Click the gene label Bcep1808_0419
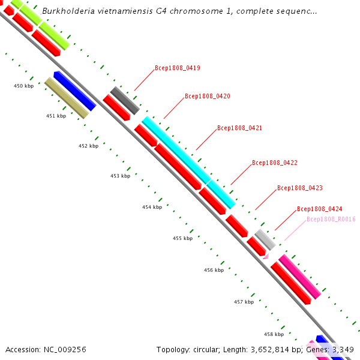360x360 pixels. coord(178,68)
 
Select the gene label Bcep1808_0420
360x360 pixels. coord(208,96)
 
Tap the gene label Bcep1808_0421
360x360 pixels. coord(239,128)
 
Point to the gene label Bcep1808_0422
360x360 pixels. coord(275,163)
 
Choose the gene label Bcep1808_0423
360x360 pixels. coord(300,188)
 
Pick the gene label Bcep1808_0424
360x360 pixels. coord(320,209)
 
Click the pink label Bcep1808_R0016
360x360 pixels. coord(331,219)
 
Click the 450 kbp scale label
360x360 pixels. coord(23,86)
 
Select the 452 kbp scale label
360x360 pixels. coord(88,146)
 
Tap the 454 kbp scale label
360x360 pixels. coord(152,207)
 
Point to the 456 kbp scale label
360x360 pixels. coord(214,270)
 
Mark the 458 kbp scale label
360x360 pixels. coord(274,334)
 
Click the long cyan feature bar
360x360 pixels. coord(187,162)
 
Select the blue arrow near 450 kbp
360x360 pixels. coord(75,91)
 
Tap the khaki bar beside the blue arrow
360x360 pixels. coord(67,98)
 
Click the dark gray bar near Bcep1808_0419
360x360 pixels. coord(125,100)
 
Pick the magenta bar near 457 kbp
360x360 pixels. coord(299,276)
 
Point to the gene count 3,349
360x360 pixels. coord(341,349)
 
